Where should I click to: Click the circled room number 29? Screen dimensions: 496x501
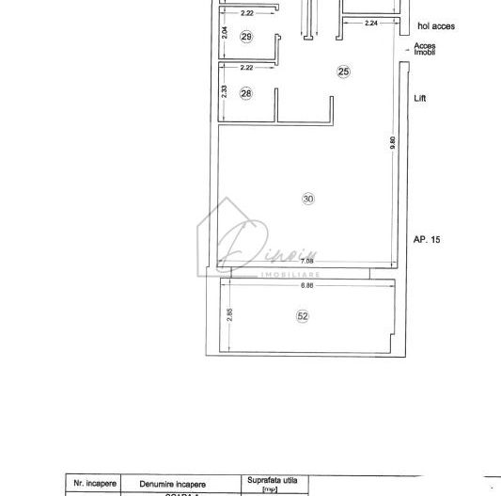[x=247, y=37]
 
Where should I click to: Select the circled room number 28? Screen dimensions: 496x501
[x=246, y=93]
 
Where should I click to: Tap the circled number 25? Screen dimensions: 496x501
[x=343, y=72]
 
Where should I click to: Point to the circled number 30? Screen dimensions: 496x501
[x=307, y=198]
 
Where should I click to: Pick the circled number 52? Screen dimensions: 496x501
[x=303, y=316]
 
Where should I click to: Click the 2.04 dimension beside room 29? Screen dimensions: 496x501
[x=226, y=34]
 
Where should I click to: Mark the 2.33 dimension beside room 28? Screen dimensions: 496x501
[x=224, y=92]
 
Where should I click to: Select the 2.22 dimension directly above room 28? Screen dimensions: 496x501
[x=247, y=68]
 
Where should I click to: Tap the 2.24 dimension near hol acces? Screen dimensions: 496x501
[x=371, y=23]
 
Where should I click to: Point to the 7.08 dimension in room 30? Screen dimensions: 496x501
[x=228, y=263]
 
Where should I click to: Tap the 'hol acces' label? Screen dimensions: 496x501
[x=435, y=26]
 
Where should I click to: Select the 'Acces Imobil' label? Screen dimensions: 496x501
[x=425, y=49]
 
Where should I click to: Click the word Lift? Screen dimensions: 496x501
[x=421, y=98]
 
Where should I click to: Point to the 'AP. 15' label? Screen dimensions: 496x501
[x=428, y=240]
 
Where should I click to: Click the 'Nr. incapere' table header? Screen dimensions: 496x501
[x=95, y=483]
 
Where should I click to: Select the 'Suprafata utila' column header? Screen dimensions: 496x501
[x=272, y=481]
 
